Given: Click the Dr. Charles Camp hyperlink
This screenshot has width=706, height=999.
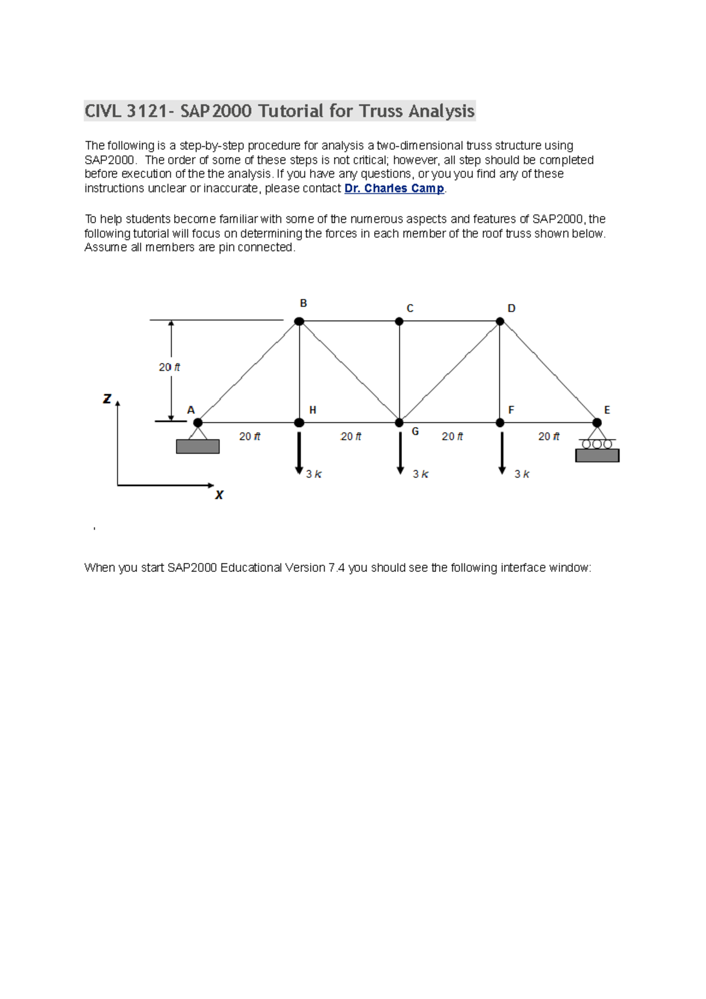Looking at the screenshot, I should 394,188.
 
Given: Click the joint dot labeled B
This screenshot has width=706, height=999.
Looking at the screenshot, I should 299,321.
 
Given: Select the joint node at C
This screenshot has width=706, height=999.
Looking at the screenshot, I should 399,321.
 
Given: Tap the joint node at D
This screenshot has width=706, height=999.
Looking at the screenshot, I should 499,321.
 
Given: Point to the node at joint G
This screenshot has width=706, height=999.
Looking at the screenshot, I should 399,422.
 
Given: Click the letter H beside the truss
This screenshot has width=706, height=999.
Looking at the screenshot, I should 312,410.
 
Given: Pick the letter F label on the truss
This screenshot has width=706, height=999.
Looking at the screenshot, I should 511,410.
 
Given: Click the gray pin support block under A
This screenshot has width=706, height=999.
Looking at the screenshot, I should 198,447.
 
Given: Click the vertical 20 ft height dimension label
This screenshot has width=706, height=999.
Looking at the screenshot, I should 169,367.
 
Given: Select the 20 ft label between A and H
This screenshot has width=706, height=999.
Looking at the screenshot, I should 249,437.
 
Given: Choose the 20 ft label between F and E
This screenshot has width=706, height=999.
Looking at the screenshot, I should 548,437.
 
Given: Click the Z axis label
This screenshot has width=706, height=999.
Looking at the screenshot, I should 107,399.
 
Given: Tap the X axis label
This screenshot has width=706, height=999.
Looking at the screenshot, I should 219,495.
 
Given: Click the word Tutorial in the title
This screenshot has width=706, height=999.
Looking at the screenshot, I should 291,111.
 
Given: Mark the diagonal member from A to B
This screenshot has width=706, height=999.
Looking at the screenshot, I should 248,372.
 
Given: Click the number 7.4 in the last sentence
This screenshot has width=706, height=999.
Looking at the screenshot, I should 337,568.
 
